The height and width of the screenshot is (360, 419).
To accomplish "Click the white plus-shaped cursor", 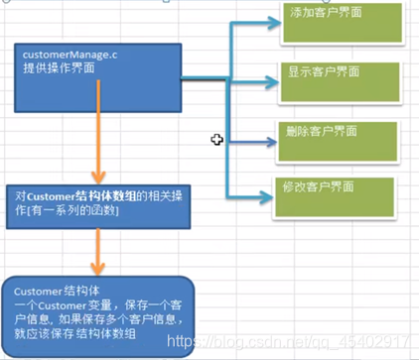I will (216, 140).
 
